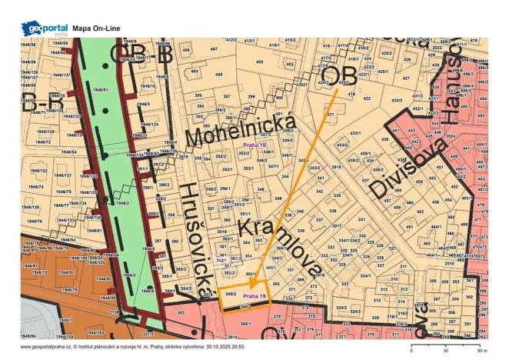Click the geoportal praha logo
[x=45, y=28]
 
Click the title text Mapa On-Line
[x=104, y=28]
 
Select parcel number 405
[x=218, y=75]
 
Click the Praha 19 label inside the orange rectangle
[x=254, y=295]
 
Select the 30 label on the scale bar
[x=444, y=350]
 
